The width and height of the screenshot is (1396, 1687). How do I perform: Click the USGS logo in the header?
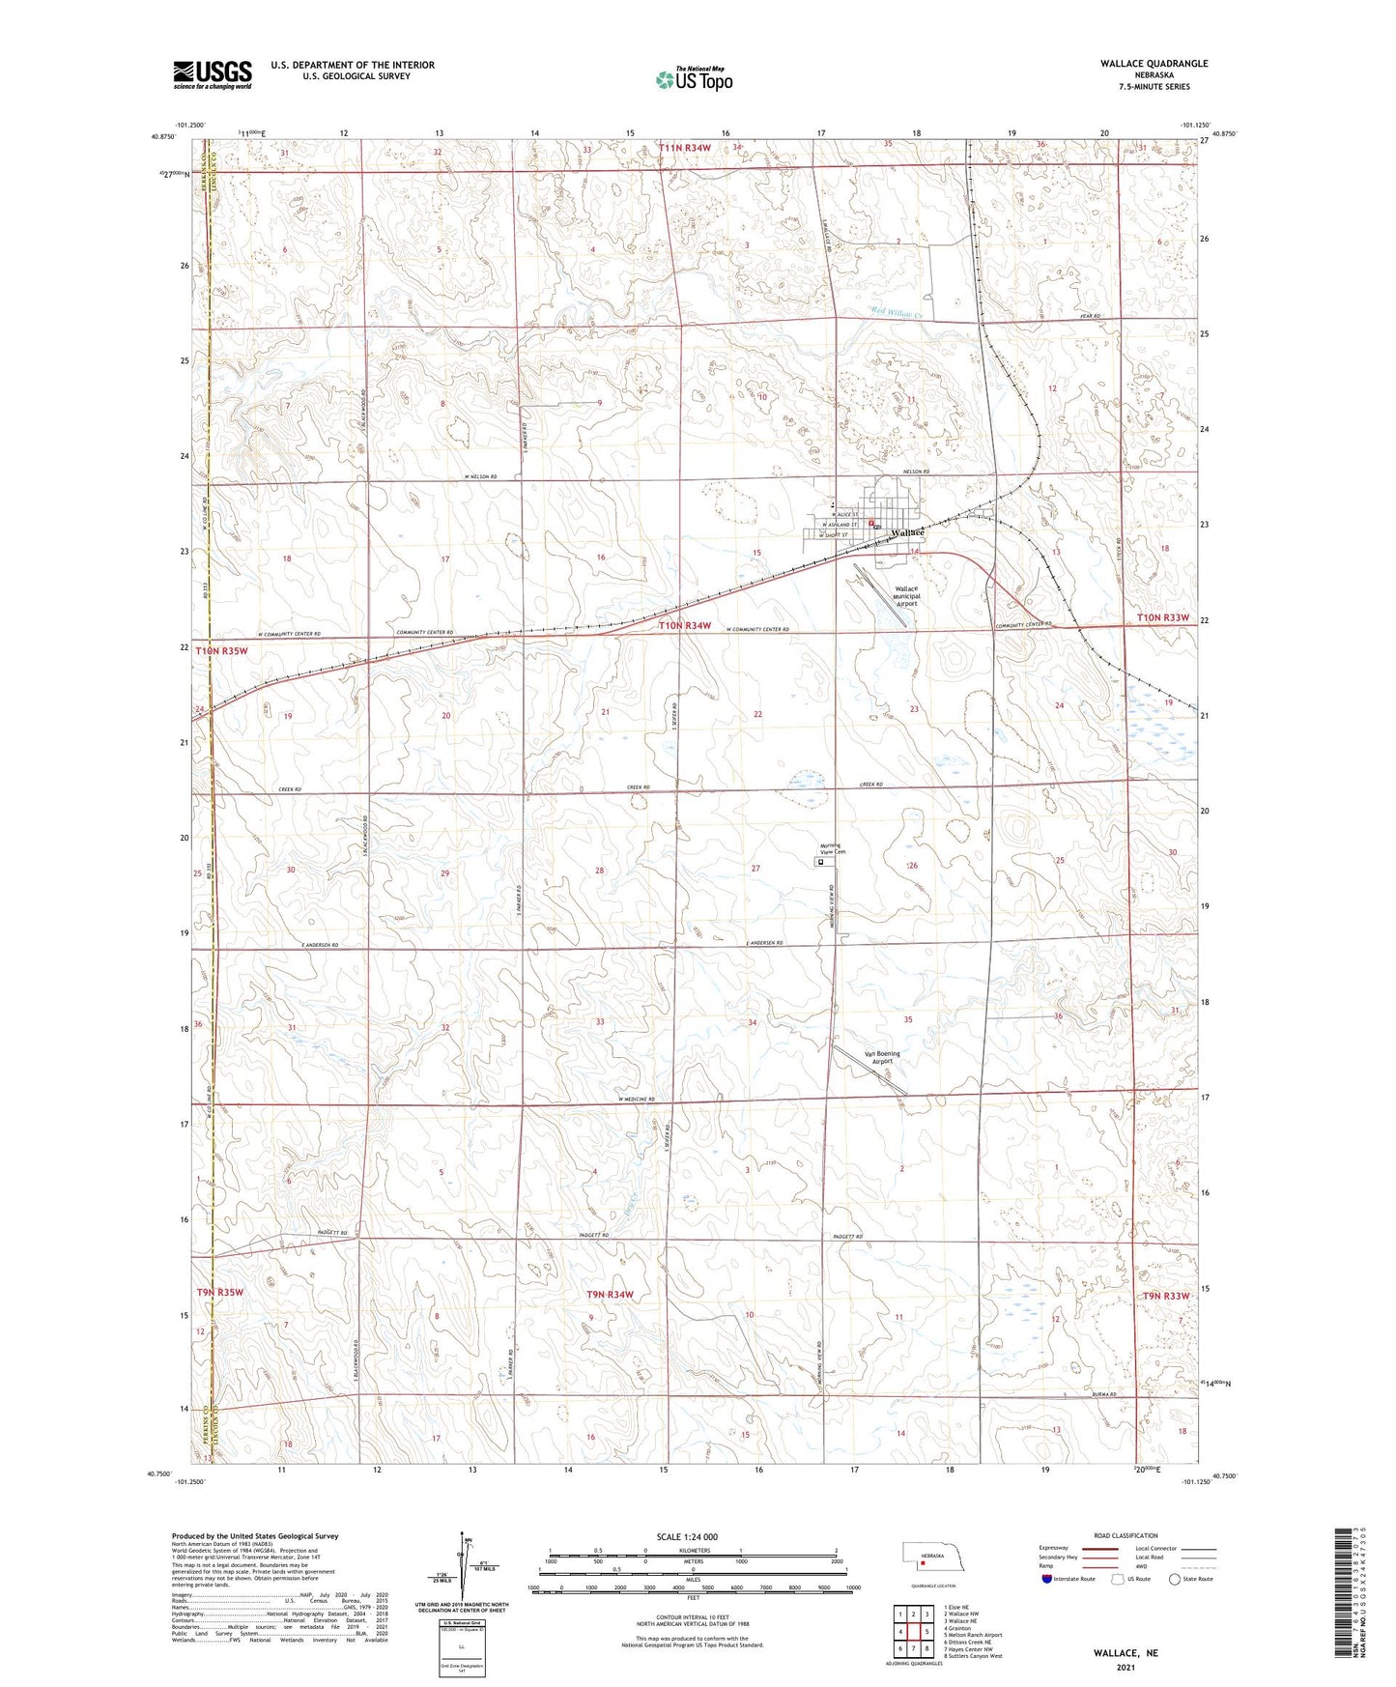[x=213, y=74]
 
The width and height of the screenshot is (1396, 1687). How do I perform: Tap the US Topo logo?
[x=693, y=80]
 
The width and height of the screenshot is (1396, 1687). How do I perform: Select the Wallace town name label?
[x=907, y=532]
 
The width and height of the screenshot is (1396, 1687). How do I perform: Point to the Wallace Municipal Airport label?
[x=907, y=596]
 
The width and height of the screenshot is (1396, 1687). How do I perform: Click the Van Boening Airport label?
[x=881, y=1057]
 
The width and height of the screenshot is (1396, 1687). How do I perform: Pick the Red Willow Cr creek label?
[x=897, y=312]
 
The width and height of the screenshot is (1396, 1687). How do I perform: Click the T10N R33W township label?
[x=1161, y=617]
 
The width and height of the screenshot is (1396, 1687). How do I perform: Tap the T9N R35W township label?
[x=220, y=1292]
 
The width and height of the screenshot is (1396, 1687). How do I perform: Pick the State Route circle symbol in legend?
[x=1174, y=1579]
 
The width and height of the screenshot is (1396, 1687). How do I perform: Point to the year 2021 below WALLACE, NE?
[x=1125, y=1668]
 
